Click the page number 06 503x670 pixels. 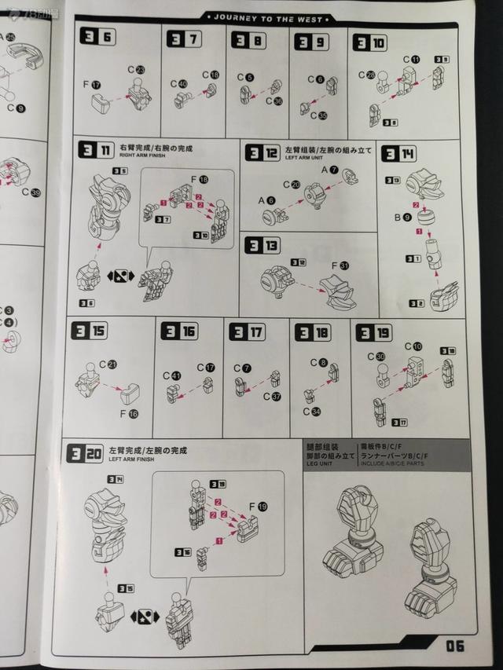point(455,646)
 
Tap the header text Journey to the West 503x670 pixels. point(275,16)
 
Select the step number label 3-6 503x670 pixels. point(97,38)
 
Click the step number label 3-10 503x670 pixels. point(369,43)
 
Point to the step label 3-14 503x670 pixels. point(398,155)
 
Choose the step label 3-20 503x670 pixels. point(86,452)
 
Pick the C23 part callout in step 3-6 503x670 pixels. point(136,70)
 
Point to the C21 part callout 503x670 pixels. point(107,364)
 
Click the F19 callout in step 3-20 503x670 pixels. point(257,506)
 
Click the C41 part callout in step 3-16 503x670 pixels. point(173,375)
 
